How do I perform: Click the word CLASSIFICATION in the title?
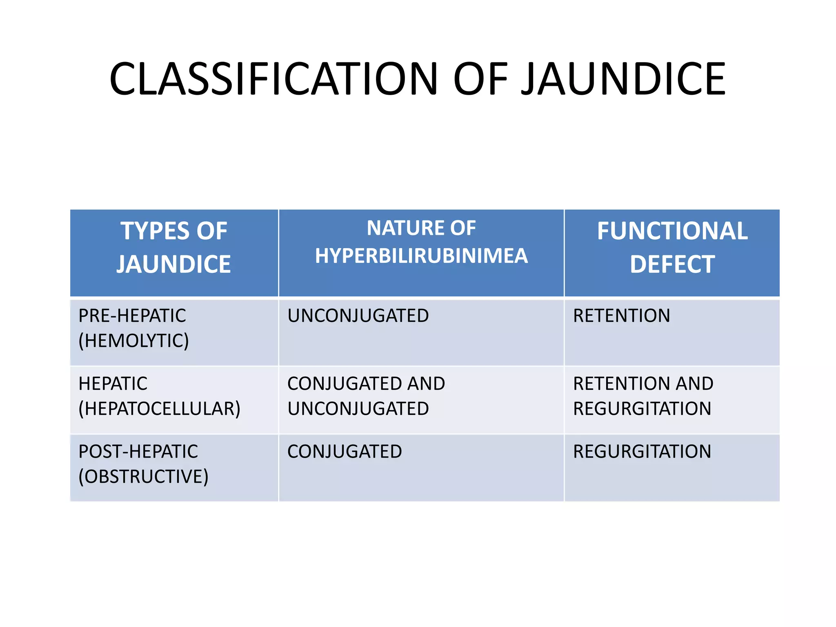tap(273, 79)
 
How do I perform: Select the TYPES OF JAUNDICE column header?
tap(174, 247)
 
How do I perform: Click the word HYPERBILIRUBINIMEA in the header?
tap(421, 256)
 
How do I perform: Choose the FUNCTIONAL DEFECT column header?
tap(672, 247)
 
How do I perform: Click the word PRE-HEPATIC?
tap(132, 316)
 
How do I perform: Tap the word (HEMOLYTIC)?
tap(133, 341)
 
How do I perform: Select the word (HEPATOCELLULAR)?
tap(159, 409)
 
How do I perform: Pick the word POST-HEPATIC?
tap(138, 452)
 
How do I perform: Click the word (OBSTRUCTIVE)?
tap(143, 477)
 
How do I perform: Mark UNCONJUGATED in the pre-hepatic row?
tap(358, 316)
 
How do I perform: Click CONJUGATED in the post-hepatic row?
tap(345, 452)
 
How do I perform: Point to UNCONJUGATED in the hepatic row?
tap(358, 409)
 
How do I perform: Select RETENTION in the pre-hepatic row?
tap(621, 316)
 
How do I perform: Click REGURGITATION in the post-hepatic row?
tap(642, 452)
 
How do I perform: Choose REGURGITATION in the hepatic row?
tap(642, 409)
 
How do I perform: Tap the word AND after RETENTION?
tap(694, 384)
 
